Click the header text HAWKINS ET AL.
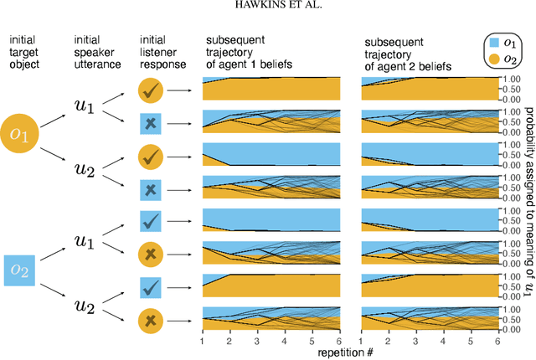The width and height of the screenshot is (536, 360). [267, 8]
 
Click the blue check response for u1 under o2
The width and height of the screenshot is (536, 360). [151, 221]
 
